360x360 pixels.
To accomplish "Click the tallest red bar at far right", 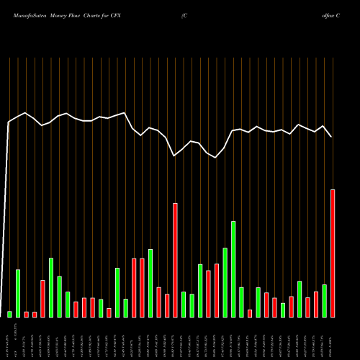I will pos(333,253).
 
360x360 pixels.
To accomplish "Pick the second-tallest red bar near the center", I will pos(175,260).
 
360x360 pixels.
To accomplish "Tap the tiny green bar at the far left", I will pos(10,314).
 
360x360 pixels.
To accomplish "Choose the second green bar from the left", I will pos(18,293).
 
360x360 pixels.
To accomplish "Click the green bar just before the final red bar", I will pos(325,300).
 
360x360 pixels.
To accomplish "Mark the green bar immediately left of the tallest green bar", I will pos(225,282).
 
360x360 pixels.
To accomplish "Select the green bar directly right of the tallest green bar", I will pos(241,302).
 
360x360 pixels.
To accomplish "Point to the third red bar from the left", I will pos(42,298).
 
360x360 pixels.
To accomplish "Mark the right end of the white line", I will pos(332,137).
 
